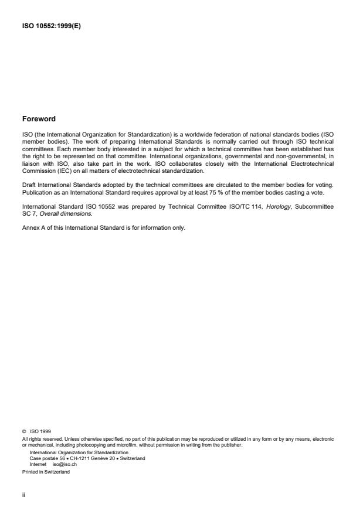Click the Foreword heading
39,119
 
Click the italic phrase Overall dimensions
60,198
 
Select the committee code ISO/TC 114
242,192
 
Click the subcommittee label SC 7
28,198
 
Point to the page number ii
23,494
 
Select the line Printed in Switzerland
45,471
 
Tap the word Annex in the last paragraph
30,211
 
